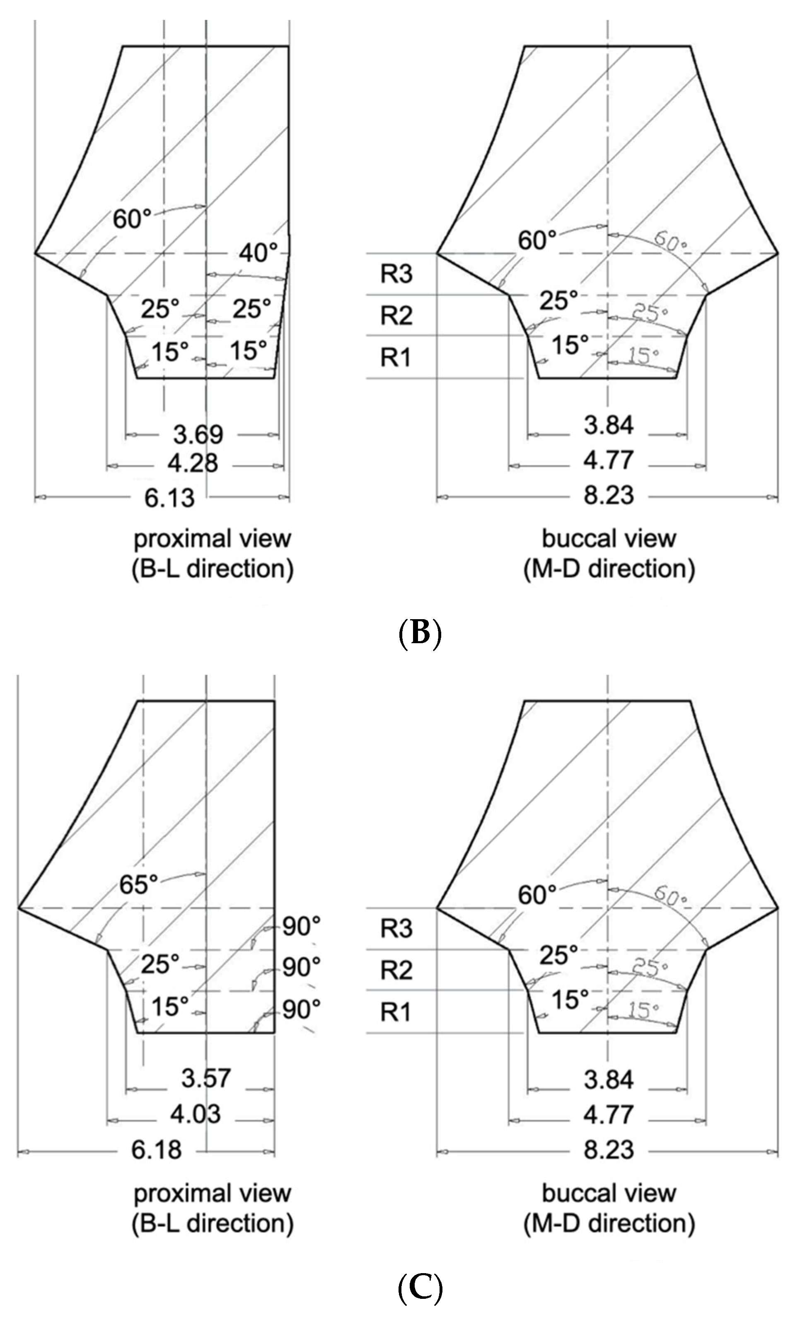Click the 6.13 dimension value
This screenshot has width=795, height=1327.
click(x=169, y=498)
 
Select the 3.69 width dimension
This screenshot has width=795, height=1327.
click(x=198, y=434)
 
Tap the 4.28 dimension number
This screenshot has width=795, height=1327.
click(x=193, y=463)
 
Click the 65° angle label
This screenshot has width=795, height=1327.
click(x=138, y=884)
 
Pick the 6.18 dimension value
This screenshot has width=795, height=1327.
click(x=157, y=1150)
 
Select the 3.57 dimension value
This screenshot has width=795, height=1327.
click(x=206, y=1078)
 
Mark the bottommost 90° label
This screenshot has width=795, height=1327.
click(x=302, y=1010)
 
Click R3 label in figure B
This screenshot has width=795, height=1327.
click(x=396, y=274)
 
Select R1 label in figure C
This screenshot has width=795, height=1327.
click(x=396, y=1012)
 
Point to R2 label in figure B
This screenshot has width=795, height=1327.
click(x=396, y=315)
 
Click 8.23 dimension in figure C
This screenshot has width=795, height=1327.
click(x=609, y=1150)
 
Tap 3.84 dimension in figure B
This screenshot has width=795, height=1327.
click(x=609, y=425)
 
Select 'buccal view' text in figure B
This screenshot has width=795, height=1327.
click(x=609, y=539)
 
